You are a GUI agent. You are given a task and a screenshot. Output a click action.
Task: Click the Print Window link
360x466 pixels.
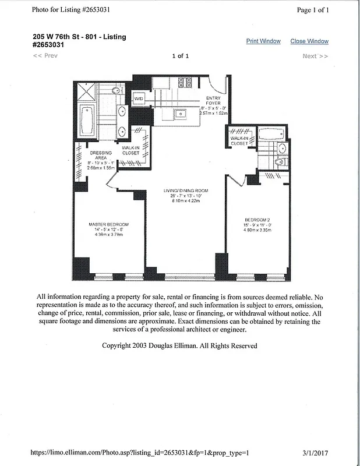tap(263, 41)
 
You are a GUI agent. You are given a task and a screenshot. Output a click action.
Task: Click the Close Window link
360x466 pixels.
tap(309, 41)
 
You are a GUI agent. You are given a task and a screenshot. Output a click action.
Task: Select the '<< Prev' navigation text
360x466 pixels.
tap(45, 56)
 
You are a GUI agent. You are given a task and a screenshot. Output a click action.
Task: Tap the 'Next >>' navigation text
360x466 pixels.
tap(315, 56)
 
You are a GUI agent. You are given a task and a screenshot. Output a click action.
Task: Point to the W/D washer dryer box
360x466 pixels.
tap(139, 99)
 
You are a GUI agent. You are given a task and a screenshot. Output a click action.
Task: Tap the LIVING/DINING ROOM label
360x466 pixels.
tap(186, 191)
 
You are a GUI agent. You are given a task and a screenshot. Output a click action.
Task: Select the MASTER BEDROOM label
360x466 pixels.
tap(108, 224)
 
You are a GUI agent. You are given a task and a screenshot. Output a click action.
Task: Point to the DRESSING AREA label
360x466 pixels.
tap(101, 156)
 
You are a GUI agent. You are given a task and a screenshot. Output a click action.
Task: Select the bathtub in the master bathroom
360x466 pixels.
tap(89, 119)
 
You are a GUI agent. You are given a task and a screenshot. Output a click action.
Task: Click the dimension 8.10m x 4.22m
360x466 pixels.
tap(186, 202)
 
